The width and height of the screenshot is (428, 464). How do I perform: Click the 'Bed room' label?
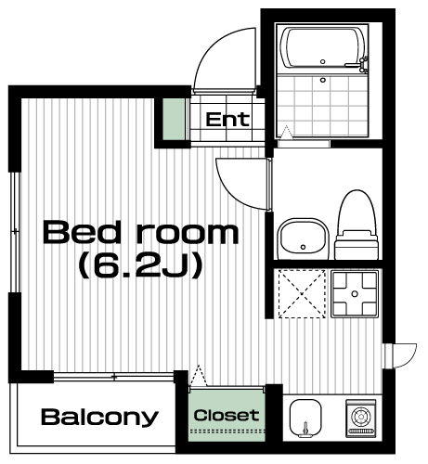[141, 232]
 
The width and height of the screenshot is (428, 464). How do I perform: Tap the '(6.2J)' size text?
[141, 265]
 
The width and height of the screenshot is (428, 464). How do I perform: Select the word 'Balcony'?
[99, 418]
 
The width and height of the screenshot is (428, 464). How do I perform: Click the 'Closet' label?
[227, 416]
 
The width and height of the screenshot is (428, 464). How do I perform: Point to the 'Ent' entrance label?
[227, 120]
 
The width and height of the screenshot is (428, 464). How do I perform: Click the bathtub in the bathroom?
[322, 48]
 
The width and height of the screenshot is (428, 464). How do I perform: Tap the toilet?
[357, 225]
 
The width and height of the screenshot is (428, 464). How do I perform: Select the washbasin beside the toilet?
[304, 238]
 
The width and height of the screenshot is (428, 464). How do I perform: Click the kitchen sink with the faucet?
[305, 419]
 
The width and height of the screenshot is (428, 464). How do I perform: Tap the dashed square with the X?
[302, 294]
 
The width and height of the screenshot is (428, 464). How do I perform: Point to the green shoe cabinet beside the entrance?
[174, 119]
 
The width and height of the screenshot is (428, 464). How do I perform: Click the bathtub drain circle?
[323, 61]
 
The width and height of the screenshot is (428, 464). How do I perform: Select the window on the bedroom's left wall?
[16, 231]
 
